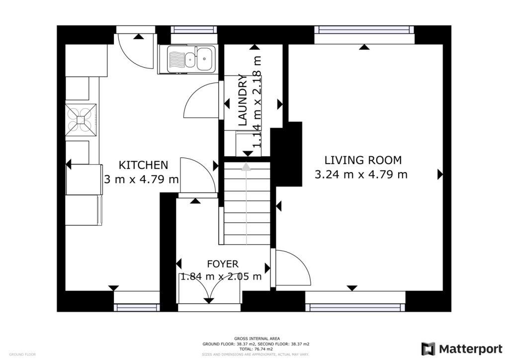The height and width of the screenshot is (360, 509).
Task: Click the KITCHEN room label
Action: click(x=143, y=165)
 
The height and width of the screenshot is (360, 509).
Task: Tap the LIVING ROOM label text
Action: click(x=362, y=160)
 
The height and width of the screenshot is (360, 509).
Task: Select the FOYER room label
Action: click(x=223, y=264)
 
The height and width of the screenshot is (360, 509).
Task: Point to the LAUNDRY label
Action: click(x=243, y=99)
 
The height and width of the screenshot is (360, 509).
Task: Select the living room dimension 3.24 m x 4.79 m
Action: click(x=361, y=175)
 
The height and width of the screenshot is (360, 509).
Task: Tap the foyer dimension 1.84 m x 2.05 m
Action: click(x=221, y=277)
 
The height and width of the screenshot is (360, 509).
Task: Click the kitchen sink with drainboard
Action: click(x=191, y=59)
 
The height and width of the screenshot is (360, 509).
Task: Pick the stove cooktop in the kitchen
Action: click(x=81, y=119)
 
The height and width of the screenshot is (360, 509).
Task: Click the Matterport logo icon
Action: click(x=428, y=349)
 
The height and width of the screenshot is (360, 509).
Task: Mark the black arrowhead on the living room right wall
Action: click(x=440, y=174)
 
